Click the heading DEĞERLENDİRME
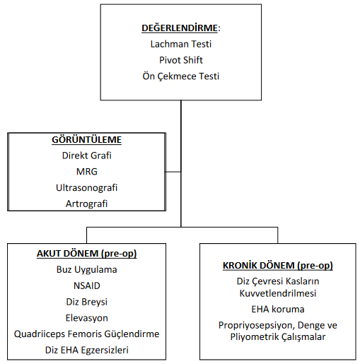(x=180, y=28)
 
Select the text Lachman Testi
(x=181, y=44)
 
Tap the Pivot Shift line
(x=181, y=60)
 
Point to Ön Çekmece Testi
(x=181, y=76)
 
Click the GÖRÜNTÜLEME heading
(x=86, y=140)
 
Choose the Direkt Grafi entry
(x=86, y=155)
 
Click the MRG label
(x=87, y=172)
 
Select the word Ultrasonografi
(x=86, y=188)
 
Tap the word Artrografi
(x=86, y=204)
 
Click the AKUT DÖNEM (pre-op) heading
(x=86, y=254)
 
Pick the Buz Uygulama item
(x=86, y=269)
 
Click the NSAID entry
(x=87, y=286)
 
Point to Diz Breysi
(x=86, y=302)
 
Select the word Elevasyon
(x=86, y=318)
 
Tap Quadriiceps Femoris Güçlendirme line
(x=86, y=334)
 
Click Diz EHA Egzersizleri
(x=86, y=350)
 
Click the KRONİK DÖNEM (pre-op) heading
(x=278, y=266)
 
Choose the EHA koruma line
(x=278, y=309)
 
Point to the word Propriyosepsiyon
(x=256, y=325)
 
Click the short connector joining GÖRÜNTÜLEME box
(x=173, y=172)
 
